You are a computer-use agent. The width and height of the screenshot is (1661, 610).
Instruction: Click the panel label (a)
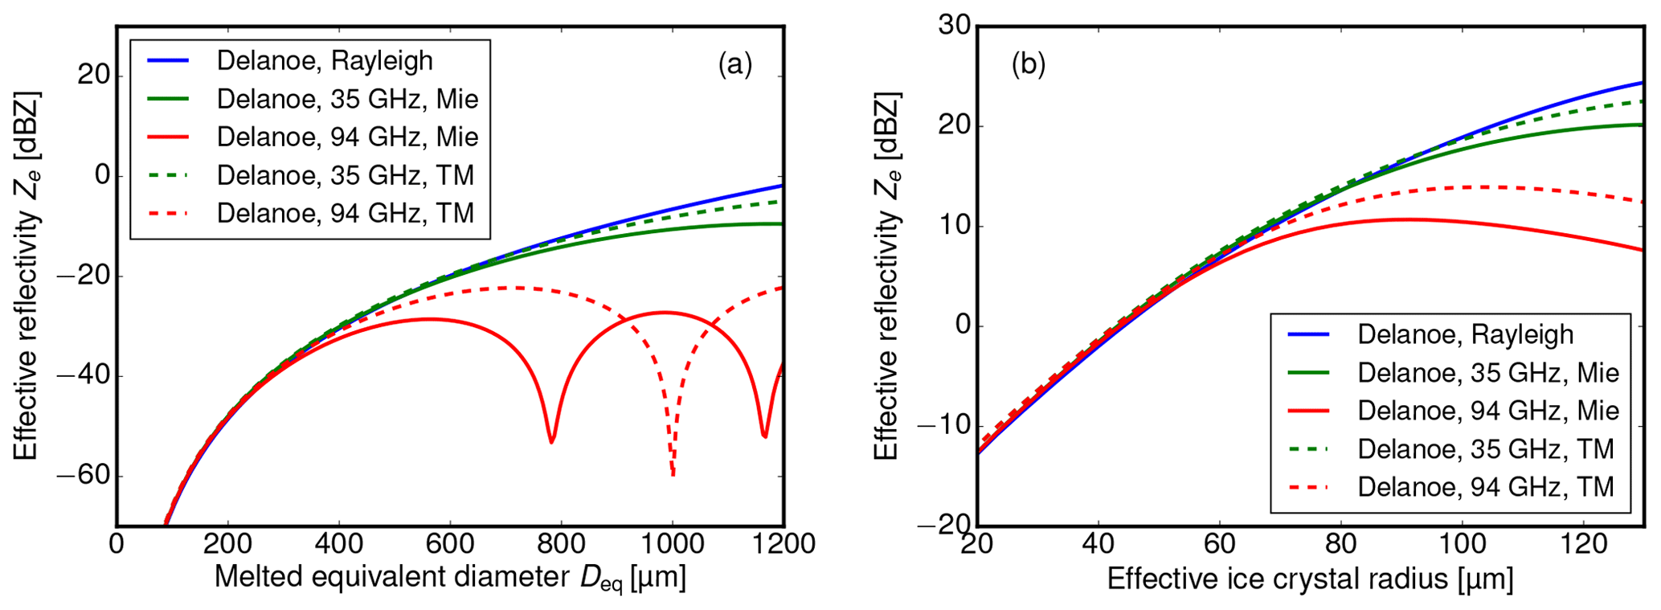point(734,64)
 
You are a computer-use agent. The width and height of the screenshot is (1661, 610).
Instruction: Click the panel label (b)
point(1028,64)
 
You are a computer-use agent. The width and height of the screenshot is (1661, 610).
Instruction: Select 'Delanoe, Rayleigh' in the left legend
point(325,61)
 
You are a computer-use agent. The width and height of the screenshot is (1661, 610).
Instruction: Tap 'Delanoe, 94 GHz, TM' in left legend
point(346,213)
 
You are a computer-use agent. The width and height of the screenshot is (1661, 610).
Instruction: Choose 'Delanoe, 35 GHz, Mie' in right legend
point(1488,373)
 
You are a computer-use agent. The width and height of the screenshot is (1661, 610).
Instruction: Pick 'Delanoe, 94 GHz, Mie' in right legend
point(1488,411)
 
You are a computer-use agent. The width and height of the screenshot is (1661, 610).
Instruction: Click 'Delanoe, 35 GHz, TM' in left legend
point(346,175)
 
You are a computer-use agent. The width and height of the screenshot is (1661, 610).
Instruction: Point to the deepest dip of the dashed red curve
point(673,474)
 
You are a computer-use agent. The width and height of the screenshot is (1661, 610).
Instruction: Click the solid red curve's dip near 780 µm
point(551,440)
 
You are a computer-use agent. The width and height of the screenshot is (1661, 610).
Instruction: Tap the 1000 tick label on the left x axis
point(673,544)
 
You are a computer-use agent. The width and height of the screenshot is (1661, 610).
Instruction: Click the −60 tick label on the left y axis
point(83,476)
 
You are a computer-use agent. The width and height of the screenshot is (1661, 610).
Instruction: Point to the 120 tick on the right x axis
point(1583,544)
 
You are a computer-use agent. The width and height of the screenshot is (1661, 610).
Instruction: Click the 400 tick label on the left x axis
point(338,544)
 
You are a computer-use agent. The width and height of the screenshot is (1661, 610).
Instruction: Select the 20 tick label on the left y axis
point(93,76)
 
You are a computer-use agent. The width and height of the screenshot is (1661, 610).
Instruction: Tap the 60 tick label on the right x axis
point(1219,544)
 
